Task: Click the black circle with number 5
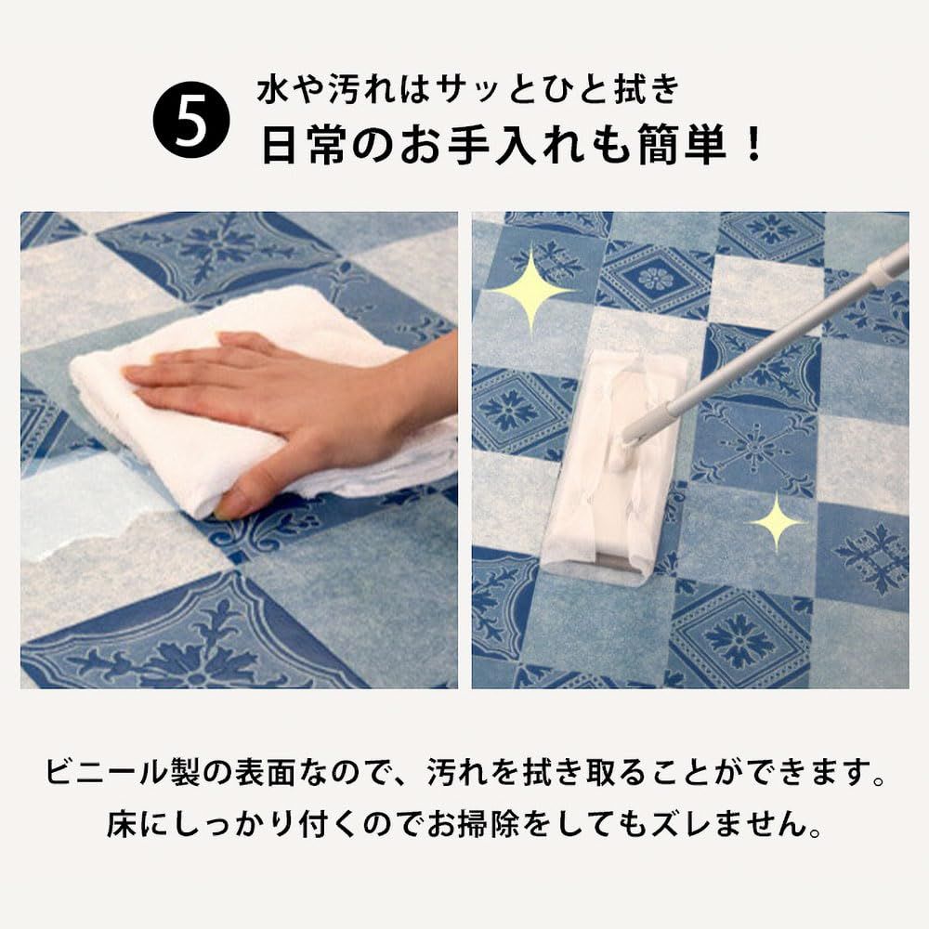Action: click(190, 119)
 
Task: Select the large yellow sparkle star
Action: click(531, 290)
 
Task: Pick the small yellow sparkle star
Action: click(776, 521)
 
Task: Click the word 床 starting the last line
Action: click(122, 825)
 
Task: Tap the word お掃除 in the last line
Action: click(474, 825)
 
